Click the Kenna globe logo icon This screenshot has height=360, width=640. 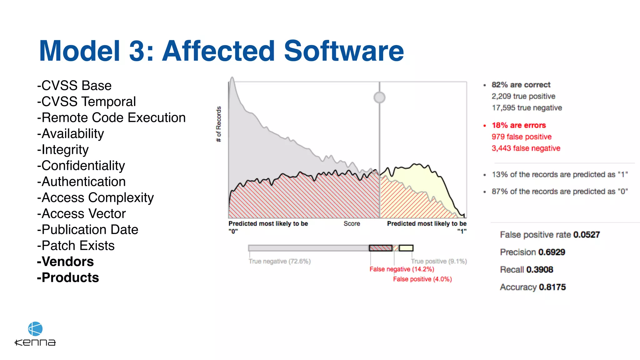(35, 329)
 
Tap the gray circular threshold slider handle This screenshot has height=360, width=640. (379, 97)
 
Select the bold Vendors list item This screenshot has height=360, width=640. (65, 262)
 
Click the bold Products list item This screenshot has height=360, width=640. (68, 277)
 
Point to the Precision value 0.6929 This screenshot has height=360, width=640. (552, 252)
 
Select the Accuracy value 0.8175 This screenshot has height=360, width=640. (552, 287)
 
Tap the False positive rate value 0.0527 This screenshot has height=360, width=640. (587, 235)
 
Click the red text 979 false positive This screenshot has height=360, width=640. (522, 137)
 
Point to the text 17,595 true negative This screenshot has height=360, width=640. (527, 108)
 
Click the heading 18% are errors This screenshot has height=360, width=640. (519, 125)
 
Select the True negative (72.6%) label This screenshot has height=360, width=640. (280, 261)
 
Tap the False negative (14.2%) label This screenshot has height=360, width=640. (402, 269)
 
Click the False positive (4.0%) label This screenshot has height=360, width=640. (422, 279)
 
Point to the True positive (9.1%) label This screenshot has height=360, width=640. (439, 261)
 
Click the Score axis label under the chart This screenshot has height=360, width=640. (352, 224)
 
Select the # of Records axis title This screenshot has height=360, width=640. (219, 124)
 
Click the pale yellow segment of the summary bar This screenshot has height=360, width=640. (406, 248)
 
